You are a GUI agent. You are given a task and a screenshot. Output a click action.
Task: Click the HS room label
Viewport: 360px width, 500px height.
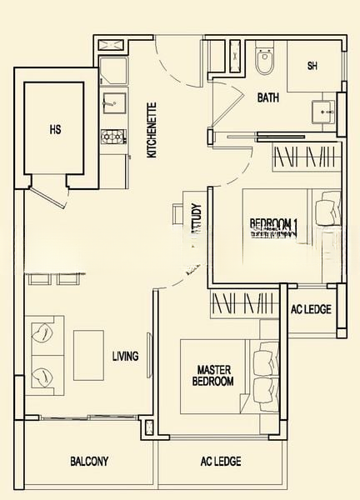(x=56, y=129)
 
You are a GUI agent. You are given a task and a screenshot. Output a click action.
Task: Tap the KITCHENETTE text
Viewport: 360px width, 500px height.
(x=151, y=130)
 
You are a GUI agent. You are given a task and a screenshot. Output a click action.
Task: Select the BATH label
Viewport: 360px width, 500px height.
(x=267, y=97)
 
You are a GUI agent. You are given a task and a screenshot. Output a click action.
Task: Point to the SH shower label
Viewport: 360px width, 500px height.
(x=312, y=66)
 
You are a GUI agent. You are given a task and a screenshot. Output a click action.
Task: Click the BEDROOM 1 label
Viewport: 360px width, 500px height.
(x=274, y=223)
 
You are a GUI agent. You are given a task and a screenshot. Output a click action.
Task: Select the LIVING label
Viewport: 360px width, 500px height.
(x=125, y=357)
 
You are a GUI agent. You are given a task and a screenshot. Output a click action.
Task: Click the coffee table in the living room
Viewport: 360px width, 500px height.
(x=88, y=354)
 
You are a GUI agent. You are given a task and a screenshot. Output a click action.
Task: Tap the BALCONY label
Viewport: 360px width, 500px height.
(x=89, y=461)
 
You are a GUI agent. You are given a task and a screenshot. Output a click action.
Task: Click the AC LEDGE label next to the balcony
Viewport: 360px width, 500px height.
(x=221, y=461)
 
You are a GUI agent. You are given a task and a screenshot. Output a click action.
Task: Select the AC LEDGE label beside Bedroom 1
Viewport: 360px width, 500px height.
(x=311, y=310)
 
